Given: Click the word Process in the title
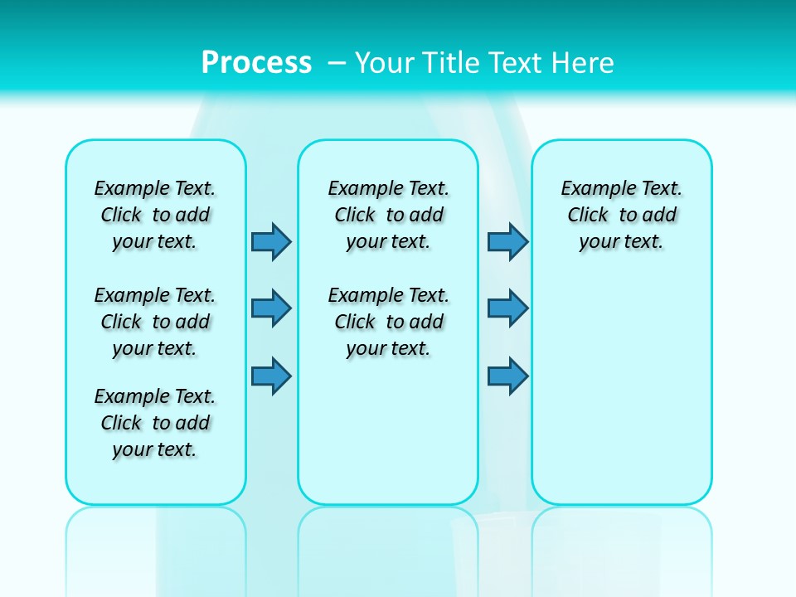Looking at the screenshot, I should point(256,62).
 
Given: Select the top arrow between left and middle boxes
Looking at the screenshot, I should point(271,241).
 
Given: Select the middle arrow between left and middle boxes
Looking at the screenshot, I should point(271,308).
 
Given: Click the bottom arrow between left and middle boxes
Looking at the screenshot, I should point(271,376).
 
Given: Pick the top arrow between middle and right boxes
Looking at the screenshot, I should point(507,241).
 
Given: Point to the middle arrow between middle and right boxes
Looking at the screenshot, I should point(507,308).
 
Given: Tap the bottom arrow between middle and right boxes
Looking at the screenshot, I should point(507,376).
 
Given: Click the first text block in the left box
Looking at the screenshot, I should point(155,215).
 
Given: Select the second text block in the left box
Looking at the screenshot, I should point(155,322).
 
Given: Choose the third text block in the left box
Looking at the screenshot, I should point(155,423).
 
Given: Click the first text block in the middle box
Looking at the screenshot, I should point(388,215).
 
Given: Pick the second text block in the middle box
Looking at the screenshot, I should point(388,322).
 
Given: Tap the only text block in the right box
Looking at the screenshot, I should point(621,215).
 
